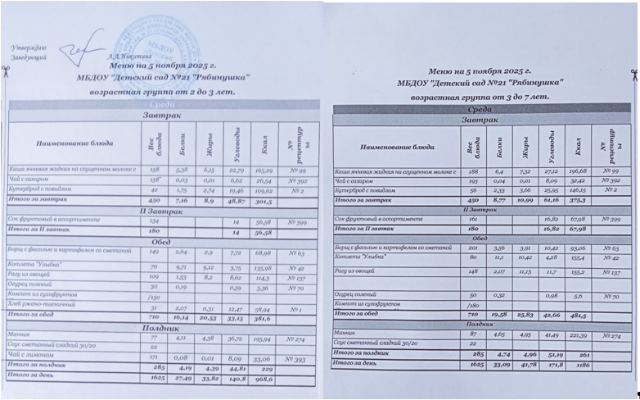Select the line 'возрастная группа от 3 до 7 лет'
[x=480, y=96]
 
